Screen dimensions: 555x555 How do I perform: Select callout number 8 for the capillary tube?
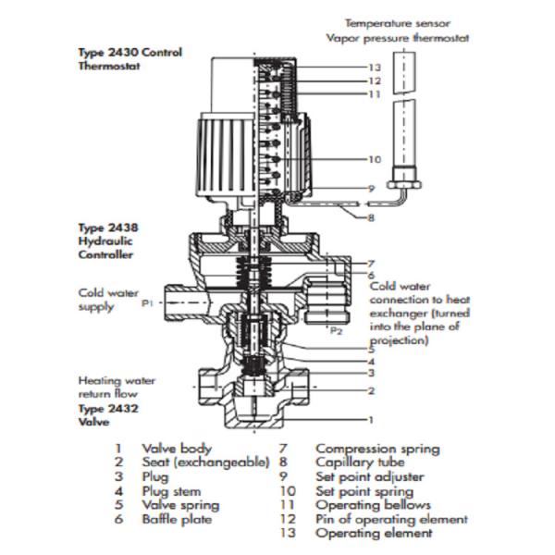coord(371,218)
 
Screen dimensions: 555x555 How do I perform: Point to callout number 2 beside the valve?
coord(371,390)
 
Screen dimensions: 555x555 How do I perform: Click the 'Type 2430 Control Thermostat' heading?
coord(129,59)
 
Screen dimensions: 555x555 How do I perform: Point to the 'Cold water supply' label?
coord(108,299)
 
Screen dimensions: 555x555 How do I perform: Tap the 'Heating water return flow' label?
coord(117,386)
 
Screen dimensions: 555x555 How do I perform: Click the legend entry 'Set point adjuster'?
coord(370,477)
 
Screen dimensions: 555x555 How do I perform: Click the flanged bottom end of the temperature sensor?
coord(406,172)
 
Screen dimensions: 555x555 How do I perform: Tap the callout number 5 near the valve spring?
coord(371,350)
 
